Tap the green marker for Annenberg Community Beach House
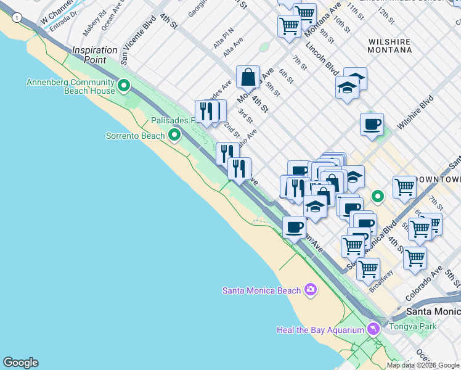pyautogui.click(x=124, y=86)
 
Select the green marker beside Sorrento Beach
pyautogui.click(x=174, y=134)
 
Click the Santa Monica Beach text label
pyautogui.click(x=261, y=290)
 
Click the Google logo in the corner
pyautogui.click(x=20, y=363)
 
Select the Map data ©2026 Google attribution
pyautogui.click(x=423, y=365)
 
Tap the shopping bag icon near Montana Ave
pyautogui.click(x=248, y=78)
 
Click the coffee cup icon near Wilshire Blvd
pyautogui.click(x=372, y=124)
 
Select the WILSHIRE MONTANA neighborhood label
pyautogui.click(x=390, y=45)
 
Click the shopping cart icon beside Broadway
pyautogui.click(x=368, y=269)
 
